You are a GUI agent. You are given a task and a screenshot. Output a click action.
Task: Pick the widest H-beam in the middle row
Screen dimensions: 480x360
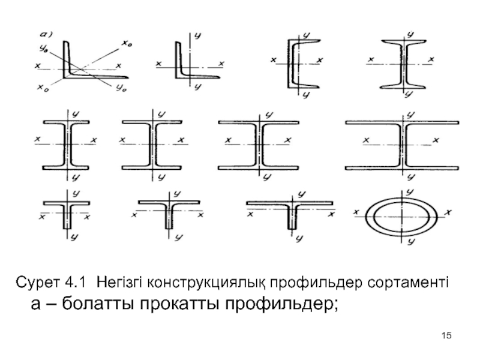[403, 144]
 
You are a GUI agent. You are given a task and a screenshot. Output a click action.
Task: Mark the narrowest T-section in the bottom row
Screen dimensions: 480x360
[67, 214]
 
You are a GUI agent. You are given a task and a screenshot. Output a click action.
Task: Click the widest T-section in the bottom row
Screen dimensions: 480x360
[292, 212]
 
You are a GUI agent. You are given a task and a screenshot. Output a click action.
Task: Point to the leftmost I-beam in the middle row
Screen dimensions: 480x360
[67, 144]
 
